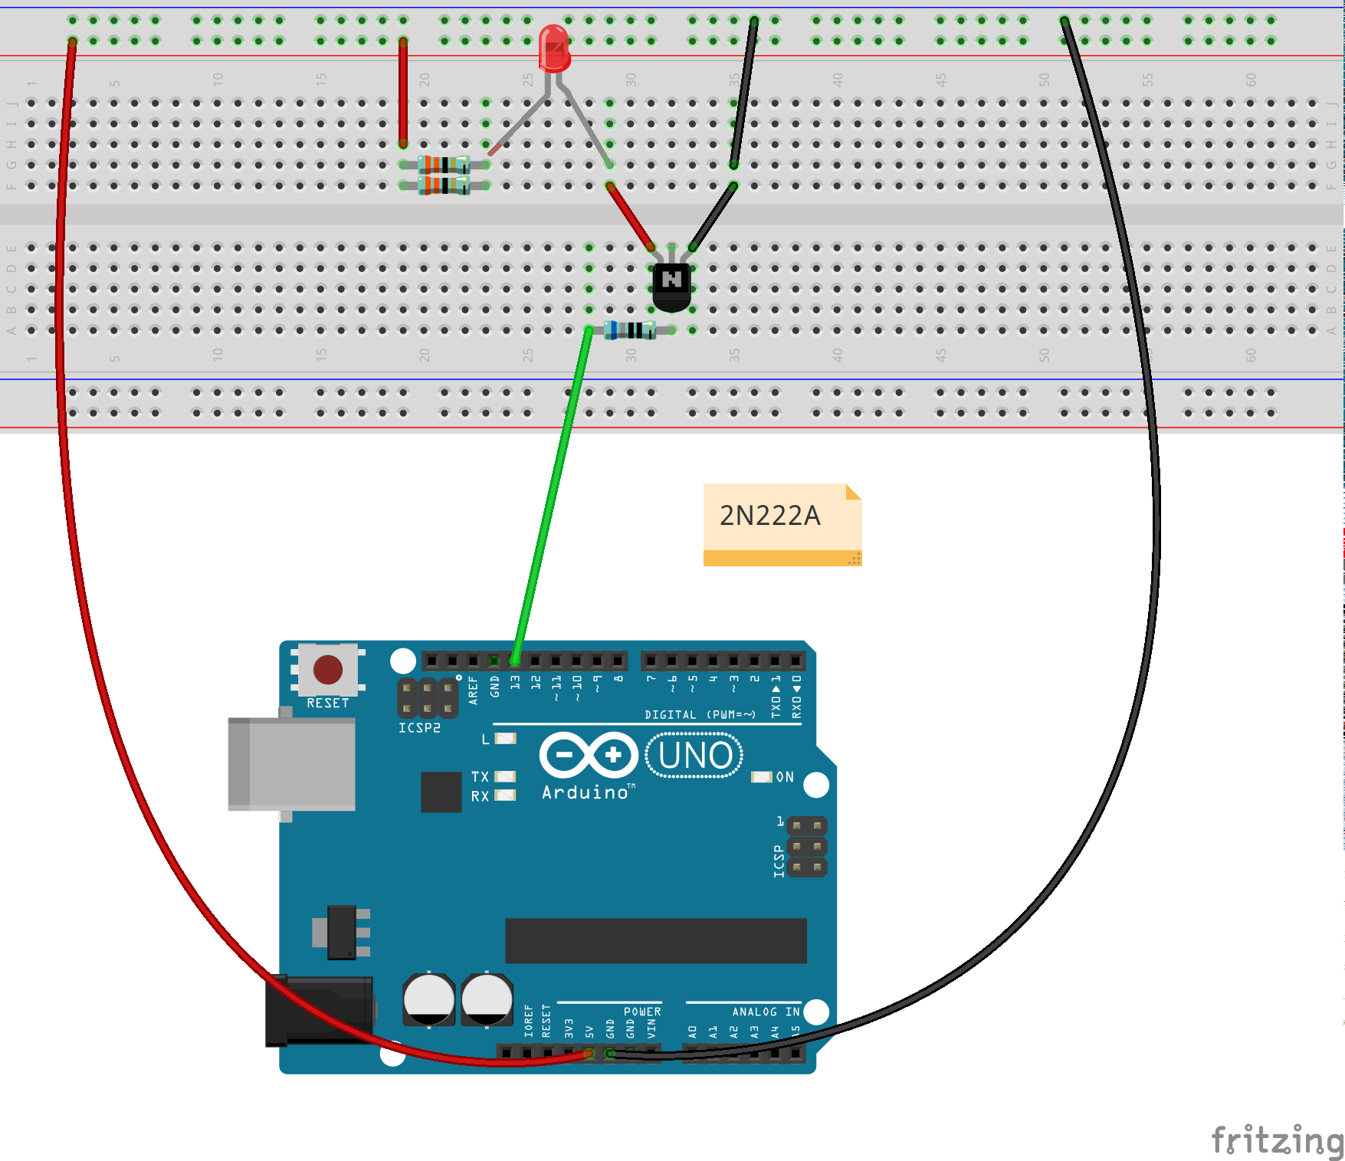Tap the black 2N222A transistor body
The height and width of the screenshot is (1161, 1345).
(671, 287)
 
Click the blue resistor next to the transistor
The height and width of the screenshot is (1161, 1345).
(630, 330)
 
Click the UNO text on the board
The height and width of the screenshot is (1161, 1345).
(694, 756)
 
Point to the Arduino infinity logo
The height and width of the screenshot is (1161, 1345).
(589, 756)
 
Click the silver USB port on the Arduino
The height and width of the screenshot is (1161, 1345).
(292, 763)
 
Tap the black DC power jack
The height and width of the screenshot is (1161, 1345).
(318, 1011)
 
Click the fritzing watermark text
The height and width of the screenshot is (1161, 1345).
(1276, 1140)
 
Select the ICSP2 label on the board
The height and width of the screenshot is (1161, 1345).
(419, 728)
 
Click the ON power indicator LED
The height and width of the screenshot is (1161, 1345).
(761, 777)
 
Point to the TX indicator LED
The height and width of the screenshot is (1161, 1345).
(505, 776)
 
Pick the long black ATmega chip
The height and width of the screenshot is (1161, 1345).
(655, 940)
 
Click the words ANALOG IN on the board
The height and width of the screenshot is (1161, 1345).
(765, 1012)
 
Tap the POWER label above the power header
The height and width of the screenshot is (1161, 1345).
(642, 1012)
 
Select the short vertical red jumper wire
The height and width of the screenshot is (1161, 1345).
(402, 92)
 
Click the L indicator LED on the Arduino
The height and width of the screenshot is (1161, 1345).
(505, 739)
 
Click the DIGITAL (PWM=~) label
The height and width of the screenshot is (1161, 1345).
(700, 715)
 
